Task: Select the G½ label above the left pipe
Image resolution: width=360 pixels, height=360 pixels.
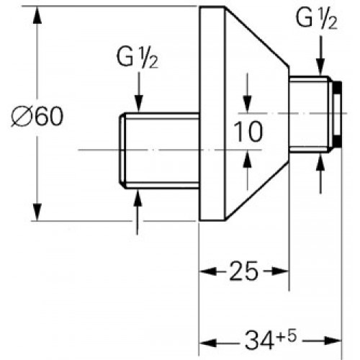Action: tap(138, 58)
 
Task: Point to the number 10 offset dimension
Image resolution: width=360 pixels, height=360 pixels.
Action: tap(246, 131)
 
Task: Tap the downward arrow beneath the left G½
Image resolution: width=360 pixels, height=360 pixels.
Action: tap(138, 101)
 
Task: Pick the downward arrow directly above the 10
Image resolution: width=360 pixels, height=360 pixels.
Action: tap(246, 104)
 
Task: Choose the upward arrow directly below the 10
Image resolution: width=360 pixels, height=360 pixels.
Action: tap(246, 157)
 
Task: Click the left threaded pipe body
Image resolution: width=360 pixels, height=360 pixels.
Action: tap(158, 150)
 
